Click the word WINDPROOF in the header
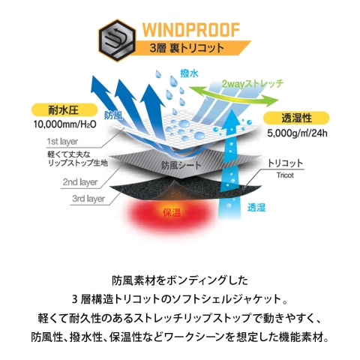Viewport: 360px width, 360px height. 191,30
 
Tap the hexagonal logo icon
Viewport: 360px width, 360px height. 117,40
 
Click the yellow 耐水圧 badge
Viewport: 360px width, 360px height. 64,110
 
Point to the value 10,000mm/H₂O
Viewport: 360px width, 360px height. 65,124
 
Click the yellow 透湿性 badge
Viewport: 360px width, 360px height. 296,118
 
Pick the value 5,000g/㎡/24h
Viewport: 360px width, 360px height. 297,133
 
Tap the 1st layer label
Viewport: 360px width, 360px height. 62,142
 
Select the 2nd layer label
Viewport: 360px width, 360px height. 80,182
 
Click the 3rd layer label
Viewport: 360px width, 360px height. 88,199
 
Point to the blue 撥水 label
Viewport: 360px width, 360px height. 189,73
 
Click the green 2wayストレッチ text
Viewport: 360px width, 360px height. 253,84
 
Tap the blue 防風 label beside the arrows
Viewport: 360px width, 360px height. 113,115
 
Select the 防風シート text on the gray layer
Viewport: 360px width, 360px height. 181,165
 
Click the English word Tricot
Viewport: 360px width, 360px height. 285,175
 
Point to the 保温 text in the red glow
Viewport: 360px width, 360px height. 172,213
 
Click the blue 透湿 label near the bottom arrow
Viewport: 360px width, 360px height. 256,207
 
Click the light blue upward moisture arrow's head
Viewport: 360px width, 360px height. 231,121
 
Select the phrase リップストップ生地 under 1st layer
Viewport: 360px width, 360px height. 77,163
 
